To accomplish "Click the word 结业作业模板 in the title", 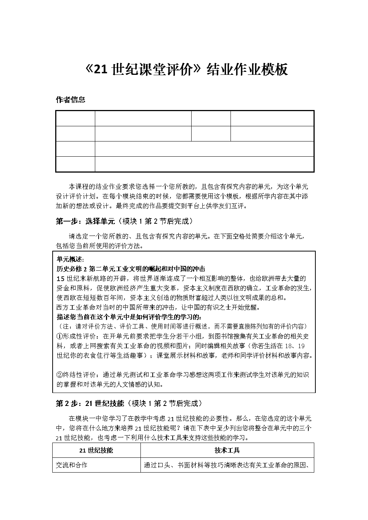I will [247, 70].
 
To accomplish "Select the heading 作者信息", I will [70, 100].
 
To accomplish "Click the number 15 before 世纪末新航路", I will [61, 279].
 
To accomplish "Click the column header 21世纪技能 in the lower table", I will [96, 450].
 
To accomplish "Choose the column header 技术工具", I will [227, 450].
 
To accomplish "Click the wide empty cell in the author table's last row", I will [204, 164].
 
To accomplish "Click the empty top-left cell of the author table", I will [76, 118].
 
